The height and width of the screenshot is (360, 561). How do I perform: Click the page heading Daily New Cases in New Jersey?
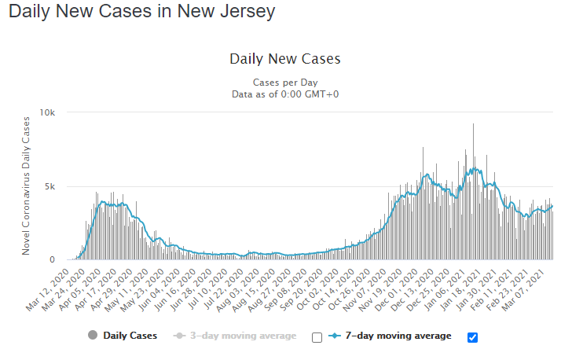click(x=142, y=12)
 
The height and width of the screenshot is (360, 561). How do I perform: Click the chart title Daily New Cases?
click(x=284, y=59)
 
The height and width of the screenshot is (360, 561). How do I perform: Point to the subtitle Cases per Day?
click(x=284, y=83)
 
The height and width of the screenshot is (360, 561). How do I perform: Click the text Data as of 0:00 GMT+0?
click(x=284, y=94)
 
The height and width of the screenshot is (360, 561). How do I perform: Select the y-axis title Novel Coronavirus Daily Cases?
click(x=26, y=186)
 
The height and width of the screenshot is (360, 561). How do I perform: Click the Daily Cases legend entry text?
click(x=130, y=336)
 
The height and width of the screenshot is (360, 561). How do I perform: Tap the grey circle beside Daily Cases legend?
click(x=93, y=336)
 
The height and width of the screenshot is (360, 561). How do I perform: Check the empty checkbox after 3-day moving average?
click(x=317, y=337)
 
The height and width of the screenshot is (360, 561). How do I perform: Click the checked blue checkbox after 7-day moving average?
click(x=472, y=337)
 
